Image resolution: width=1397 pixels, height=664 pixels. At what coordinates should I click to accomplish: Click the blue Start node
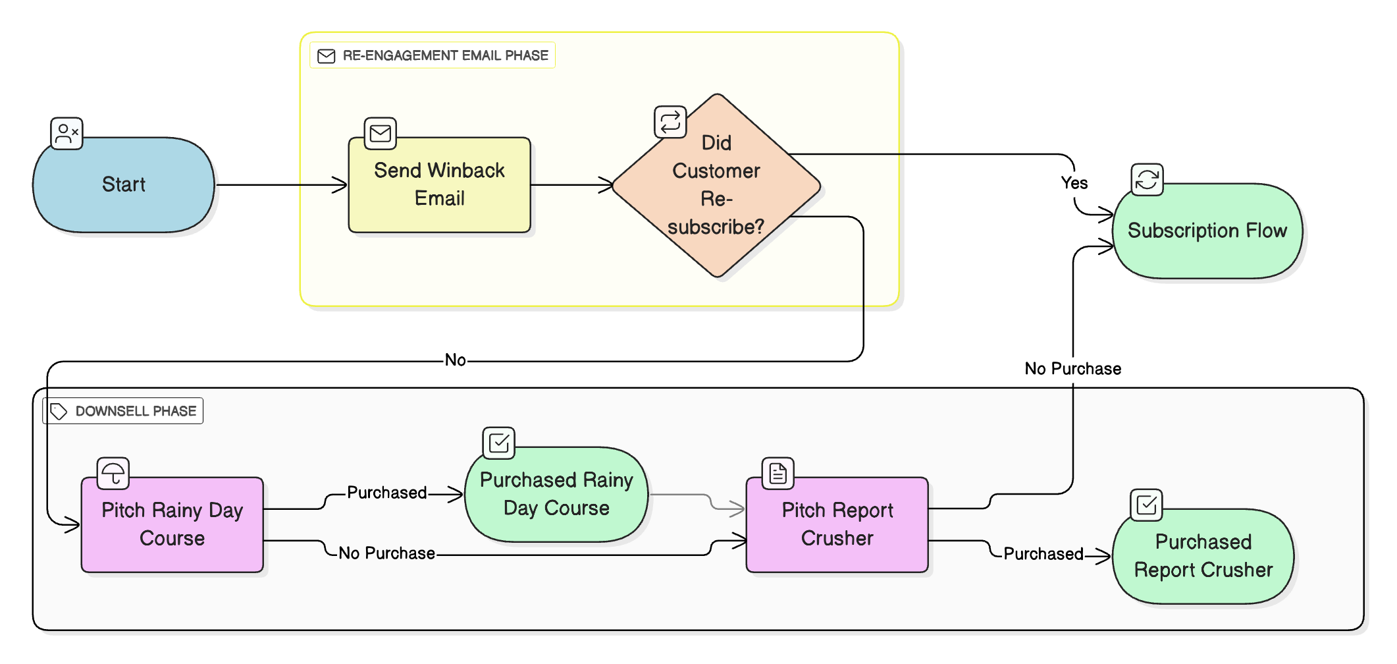coord(124,185)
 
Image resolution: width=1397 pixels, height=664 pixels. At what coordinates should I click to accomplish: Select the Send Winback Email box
coord(439,185)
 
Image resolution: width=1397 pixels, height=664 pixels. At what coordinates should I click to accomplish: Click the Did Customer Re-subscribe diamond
coord(716,185)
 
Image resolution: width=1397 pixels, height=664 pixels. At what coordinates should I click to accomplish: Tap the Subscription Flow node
coord(1207,231)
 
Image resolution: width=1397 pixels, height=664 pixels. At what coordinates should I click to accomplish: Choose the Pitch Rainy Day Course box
coord(172,524)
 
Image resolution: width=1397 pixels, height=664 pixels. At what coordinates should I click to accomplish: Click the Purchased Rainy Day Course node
coord(556,494)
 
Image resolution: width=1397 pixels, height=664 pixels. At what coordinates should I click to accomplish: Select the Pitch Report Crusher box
coord(837,524)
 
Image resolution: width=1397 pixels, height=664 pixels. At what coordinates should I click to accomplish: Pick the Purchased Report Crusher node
coord(1203,556)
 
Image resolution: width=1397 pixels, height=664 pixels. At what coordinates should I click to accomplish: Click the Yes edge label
coord(1074,183)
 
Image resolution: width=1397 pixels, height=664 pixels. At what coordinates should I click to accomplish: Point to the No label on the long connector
coord(455,360)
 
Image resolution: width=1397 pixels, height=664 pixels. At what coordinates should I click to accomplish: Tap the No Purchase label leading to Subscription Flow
coord(1072,369)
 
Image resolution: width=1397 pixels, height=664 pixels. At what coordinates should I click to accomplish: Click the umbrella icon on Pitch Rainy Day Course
coord(113,474)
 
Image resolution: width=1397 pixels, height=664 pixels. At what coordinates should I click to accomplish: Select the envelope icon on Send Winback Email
coord(381,134)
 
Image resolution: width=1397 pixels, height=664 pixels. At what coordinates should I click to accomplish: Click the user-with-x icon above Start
coord(67,134)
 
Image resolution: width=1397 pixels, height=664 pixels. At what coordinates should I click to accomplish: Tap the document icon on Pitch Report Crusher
coord(778,474)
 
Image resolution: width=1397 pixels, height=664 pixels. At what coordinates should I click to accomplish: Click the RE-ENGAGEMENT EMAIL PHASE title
coord(445,55)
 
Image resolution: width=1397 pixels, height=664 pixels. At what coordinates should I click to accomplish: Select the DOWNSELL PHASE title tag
coord(135,411)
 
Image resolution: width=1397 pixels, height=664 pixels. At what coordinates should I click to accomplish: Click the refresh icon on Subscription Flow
coord(1147,180)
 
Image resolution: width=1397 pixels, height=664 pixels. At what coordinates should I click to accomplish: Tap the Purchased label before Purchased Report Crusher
coord(1043,554)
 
